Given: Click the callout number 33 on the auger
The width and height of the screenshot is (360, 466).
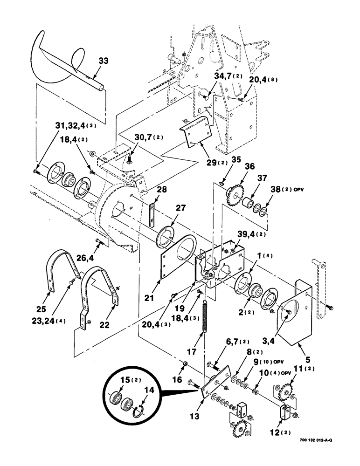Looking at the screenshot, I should (x=103, y=61).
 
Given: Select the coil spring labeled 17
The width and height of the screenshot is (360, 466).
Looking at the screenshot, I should (x=204, y=317).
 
